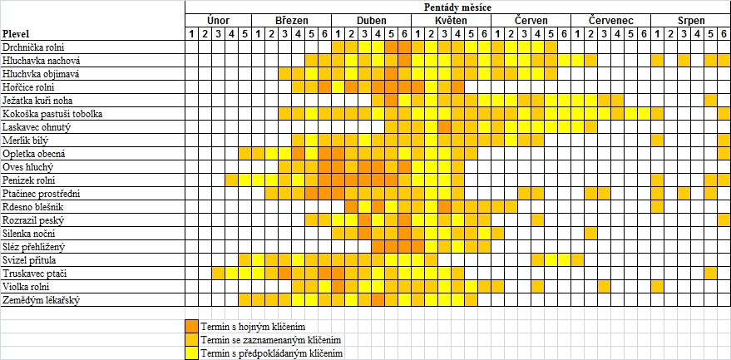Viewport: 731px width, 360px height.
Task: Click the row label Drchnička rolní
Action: [x=33, y=47]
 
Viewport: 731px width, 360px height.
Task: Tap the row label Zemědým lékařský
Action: [x=41, y=299]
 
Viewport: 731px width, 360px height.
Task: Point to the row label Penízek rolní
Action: [x=29, y=180]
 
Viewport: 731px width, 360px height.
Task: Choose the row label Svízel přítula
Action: [x=31, y=259]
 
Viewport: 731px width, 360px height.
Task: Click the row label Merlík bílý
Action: [x=26, y=141]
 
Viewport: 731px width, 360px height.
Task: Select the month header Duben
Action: [x=371, y=20]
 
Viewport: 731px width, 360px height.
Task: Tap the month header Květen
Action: [x=450, y=20]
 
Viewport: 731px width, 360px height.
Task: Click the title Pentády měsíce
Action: [x=457, y=7]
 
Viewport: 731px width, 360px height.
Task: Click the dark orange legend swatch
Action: [x=191, y=326]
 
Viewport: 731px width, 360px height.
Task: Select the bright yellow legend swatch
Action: [x=191, y=353]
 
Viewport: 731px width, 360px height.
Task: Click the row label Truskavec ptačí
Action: [x=33, y=273]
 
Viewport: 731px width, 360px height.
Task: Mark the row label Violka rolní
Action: [x=27, y=286]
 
